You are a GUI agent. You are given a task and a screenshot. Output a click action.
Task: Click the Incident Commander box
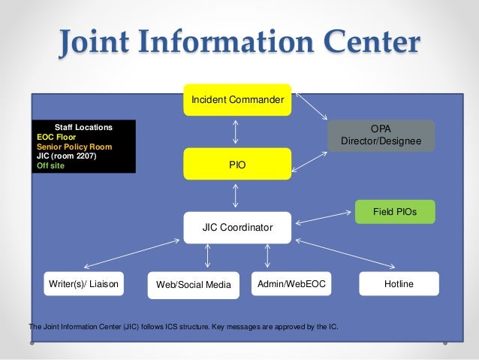click(236, 100)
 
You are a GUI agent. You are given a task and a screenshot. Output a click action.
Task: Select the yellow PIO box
click(236, 164)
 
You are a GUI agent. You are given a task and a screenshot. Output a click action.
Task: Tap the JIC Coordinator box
click(236, 227)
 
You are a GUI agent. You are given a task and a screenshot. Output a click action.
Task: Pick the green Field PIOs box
click(395, 213)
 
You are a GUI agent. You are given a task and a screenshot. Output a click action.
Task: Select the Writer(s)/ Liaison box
click(84, 284)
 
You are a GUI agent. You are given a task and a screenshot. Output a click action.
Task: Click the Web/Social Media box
click(193, 285)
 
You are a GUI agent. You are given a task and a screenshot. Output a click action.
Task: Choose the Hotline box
click(399, 284)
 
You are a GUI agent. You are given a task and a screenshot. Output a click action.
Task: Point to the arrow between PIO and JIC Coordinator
click(236, 195)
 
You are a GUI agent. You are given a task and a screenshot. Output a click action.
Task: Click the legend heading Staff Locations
click(83, 128)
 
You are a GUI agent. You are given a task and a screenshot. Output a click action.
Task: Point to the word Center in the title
click(366, 44)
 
